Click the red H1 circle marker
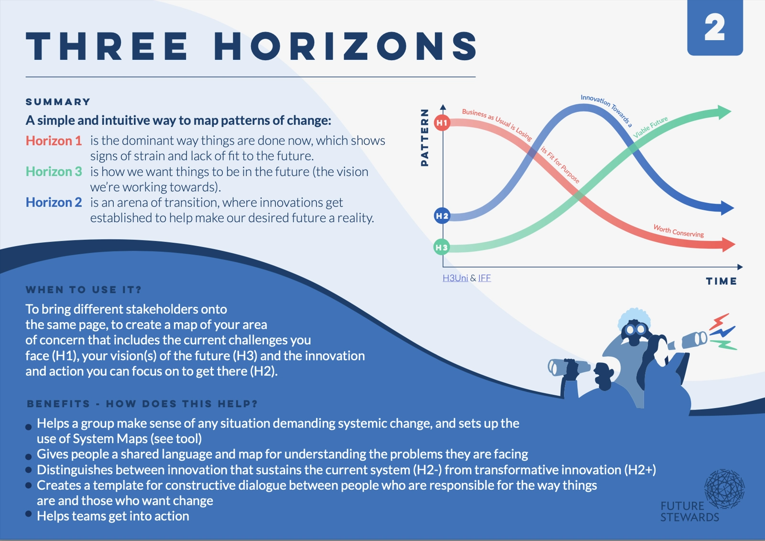click(x=442, y=122)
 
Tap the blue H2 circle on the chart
click(x=442, y=216)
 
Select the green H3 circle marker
click(x=442, y=247)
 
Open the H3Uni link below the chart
click(x=455, y=278)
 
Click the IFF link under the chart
click(x=484, y=278)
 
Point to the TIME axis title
click(x=721, y=281)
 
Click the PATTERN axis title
click(x=425, y=138)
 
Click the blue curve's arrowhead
click(x=727, y=207)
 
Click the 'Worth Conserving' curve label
click(x=678, y=231)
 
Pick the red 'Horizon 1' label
click(x=54, y=141)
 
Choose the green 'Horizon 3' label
click(x=54, y=172)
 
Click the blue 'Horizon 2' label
click(x=54, y=203)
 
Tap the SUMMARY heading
click(x=58, y=102)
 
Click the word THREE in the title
click(x=107, y=46)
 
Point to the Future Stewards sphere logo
click(x=724, y=489)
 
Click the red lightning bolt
click(x=719, y=321)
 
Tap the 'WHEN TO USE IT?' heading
click(x=83, y=290)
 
